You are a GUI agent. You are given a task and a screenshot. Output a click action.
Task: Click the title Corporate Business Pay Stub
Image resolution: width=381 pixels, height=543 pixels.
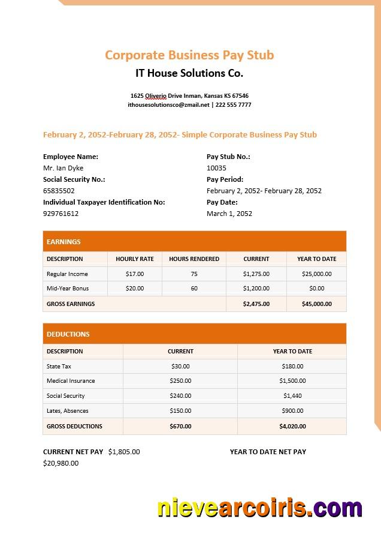click(x=189, y=55)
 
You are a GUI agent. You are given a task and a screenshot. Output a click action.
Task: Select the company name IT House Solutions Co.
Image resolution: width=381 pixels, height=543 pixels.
click(x=189, y=74)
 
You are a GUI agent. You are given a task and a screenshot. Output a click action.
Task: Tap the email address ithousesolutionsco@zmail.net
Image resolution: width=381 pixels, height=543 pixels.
click(x=168, y=104)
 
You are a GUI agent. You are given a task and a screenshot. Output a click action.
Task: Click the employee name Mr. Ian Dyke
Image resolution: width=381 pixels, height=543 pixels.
click(x=63, y=168)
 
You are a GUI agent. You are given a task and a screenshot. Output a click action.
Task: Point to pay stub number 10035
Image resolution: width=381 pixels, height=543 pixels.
click(x=216, y=168)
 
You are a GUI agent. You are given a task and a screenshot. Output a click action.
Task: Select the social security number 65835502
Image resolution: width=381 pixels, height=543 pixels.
click(x=59, y=191)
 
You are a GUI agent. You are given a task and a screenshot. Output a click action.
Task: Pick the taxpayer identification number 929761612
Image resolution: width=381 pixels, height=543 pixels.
click(x=61, y=214)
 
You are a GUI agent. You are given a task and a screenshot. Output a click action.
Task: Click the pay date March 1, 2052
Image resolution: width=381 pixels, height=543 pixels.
click(x=229, y=214)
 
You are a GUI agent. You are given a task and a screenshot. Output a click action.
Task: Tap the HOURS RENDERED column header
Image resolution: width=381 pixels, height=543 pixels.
click(x=194, y=259)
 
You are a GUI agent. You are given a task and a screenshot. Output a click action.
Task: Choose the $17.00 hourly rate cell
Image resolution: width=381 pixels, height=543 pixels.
click(x=135, y=274)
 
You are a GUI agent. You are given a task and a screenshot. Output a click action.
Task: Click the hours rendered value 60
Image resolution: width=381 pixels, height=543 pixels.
click(x=194, y=289)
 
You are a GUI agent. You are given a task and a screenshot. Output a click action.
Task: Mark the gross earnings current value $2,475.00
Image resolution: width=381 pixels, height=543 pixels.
click(x=256, y=304)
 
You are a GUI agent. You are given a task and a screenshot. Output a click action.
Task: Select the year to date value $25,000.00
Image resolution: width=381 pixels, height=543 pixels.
click(x=316, y=274)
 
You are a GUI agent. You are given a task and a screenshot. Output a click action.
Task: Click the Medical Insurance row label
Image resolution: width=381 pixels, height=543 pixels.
click(x=71, y=381)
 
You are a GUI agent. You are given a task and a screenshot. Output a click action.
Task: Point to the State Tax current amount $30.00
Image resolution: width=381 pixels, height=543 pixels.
click(x=180, y=366)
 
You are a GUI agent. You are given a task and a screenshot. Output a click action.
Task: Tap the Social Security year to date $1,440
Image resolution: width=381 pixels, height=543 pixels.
click(x=292, y=396)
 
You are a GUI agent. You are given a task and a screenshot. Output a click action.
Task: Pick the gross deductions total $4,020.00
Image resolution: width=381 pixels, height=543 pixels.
click(x=292, y=427)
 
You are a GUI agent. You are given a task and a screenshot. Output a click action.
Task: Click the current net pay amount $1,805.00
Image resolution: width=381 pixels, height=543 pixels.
click(x=124, y=452)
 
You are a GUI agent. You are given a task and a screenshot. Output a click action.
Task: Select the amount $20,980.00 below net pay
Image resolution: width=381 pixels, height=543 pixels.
click(x=61, y=463)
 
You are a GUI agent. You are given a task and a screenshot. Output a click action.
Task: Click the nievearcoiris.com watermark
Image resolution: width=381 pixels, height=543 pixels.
click(x=259, y=508)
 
